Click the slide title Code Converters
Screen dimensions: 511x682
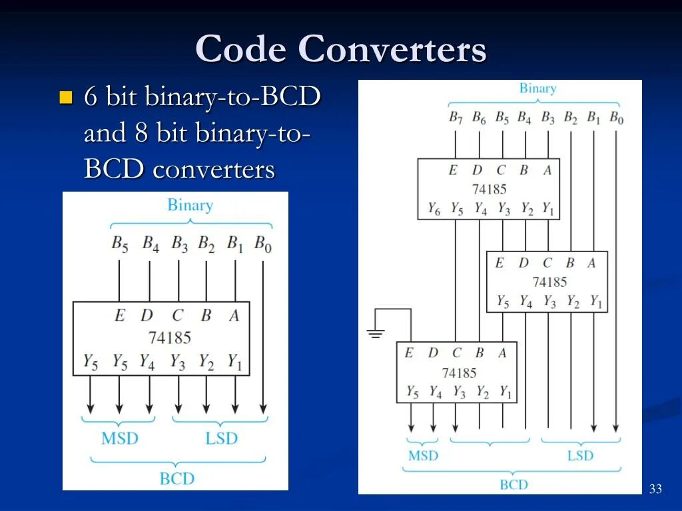click(x=341, y=49)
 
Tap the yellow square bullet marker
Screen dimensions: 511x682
click(x=65, y=98)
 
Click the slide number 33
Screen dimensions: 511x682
click(x=655, y=490)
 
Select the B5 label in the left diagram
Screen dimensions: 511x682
click(x=120, y=244)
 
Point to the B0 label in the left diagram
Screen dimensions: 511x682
click(x=263, y=244)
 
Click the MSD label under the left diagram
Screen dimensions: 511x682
click(x=120, y=438)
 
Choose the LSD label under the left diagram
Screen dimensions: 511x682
click(x=221, y=438)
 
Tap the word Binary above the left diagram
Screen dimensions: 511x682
click(x=190, y=205)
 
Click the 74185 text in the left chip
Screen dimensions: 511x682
click(x=169, y=337)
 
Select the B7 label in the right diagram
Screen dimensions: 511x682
click(x=456, y=118)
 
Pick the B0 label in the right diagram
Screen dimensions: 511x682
click(x=616, y=118)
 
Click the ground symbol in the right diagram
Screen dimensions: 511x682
click(x=376, y=333)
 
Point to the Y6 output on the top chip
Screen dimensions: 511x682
click(x=434, y=209)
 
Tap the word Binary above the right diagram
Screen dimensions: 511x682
click(x=537, y=88)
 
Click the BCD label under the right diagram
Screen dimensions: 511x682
click(x=513, y=484)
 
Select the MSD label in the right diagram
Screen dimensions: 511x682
click(x=423, y=456)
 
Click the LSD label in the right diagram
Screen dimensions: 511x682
click(x=580, y=456)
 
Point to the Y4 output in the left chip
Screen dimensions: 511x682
click(x=147, y=362)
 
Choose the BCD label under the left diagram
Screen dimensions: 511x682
click(x=177, y=478)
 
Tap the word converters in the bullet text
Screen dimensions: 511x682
click(x=213, y=169)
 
